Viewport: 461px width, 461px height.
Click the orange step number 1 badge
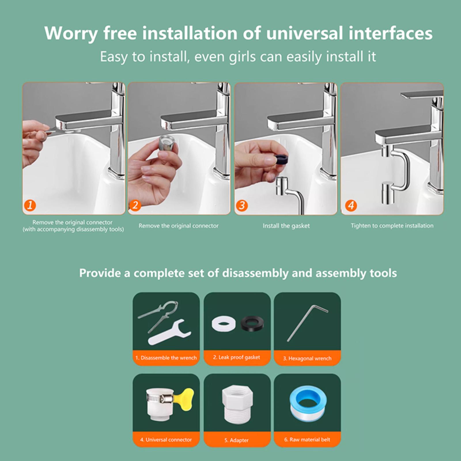[30, 206]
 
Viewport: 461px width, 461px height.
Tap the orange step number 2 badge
[135, 206]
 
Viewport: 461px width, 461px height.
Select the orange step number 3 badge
[242, 206]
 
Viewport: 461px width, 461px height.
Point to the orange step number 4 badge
[351, 206]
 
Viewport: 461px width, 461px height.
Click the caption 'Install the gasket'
[286, 226]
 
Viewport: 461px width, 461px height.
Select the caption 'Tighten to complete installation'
[392, 226]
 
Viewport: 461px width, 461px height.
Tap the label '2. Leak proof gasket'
[237, 358]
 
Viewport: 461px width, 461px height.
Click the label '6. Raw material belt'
[307, 440]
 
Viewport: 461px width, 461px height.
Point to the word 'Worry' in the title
[71, 34]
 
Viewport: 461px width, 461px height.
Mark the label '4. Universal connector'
[166, 440]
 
